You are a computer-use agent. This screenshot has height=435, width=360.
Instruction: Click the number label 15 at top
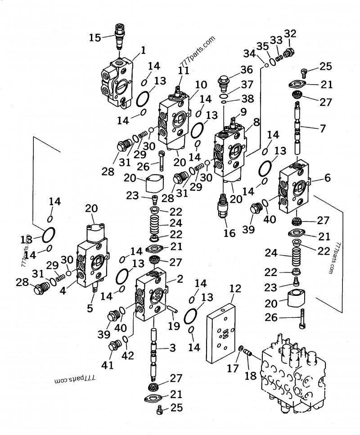[94, 38]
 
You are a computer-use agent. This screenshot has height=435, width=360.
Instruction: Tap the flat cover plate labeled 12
[221, 333]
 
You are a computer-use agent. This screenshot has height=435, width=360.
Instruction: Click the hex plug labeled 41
[114, 347]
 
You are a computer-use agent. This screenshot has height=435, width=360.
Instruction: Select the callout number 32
[290, 33]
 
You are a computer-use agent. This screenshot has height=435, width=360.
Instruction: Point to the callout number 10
[201, 84]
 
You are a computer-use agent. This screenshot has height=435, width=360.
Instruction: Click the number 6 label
[327, 178]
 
